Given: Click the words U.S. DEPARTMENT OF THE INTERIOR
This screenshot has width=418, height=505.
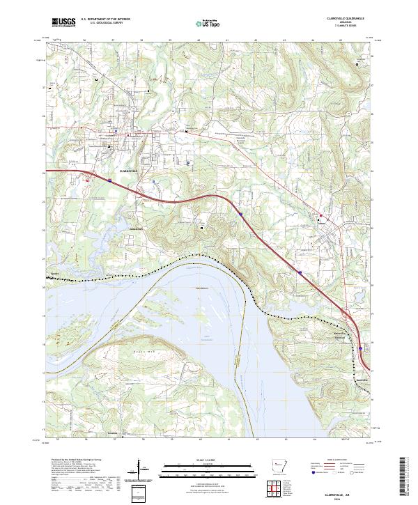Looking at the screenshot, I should click(x=105, y=20).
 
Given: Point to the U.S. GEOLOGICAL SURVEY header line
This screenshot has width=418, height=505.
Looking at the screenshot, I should click(x=102, y=24).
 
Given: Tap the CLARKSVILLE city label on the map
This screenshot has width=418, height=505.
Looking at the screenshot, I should click(x=129, y=170).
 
